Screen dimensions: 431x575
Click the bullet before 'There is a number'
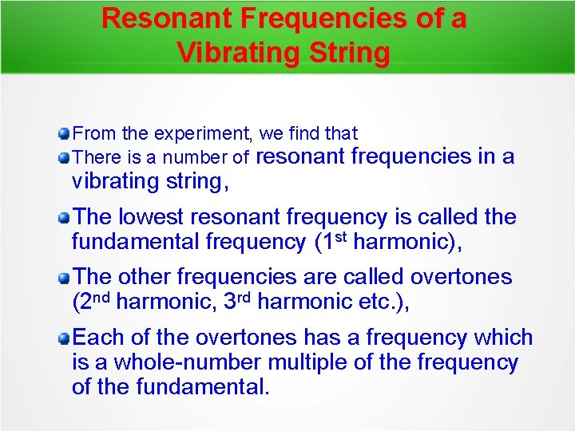[x=64, y=157]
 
